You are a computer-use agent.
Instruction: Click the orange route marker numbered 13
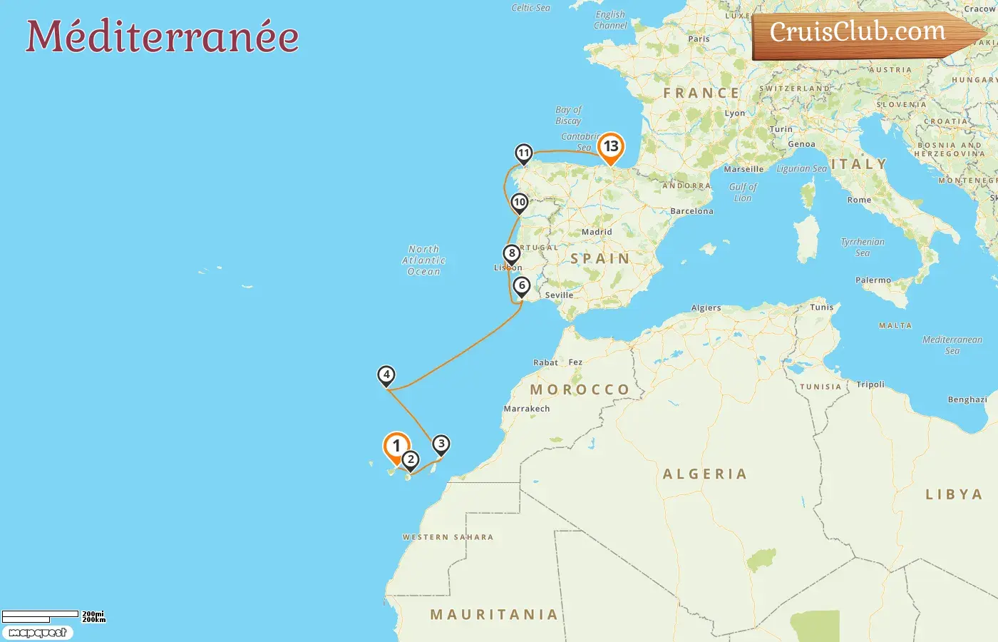[611, 147]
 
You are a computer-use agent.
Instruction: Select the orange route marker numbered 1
[396, 447]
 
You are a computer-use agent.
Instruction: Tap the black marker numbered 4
[386, 374]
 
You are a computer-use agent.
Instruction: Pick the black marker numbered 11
[524, 153]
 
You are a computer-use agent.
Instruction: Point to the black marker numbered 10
[520, 203]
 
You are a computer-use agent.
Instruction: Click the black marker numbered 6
[522, 286]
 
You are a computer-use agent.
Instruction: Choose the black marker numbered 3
[441, 444]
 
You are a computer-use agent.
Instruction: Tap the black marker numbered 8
[511, 253]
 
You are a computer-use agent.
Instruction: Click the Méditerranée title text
[163, 37]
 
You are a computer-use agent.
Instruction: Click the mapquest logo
[38, 633]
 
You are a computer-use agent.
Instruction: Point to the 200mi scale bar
[41, 613]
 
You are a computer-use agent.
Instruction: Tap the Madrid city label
[597, 232]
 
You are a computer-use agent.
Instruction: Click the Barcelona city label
[691, 211]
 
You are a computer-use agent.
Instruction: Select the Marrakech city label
[527, 409]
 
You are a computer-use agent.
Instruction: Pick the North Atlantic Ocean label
[424, 260]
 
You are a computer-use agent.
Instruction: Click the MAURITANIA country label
[494, 614]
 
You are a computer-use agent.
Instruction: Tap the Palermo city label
[873, 280]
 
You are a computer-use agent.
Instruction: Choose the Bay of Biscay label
[568, 115]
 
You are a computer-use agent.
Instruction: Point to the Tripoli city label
[870, 384]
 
